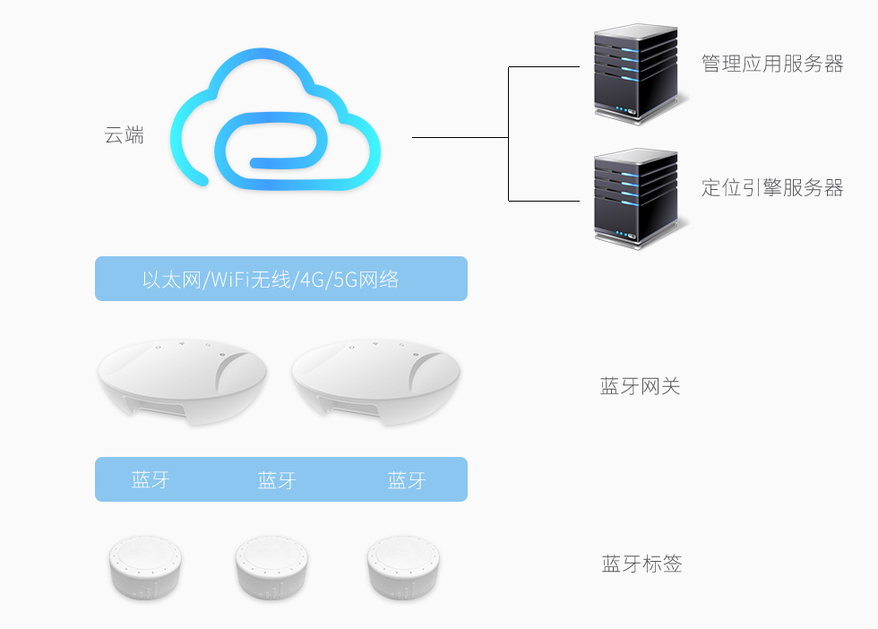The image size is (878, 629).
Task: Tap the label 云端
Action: coord(125,136)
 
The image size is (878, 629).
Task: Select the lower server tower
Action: coord(634,197)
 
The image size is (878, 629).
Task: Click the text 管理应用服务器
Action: coord(772,65)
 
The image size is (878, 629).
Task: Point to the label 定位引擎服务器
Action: coord(772,188)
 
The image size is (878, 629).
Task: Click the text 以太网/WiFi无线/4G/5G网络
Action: coord(271,280)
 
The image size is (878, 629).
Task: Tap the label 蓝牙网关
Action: coord(640,387)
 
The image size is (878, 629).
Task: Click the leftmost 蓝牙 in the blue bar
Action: coord(151,480)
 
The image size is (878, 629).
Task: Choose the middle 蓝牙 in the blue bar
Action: coord(277,480)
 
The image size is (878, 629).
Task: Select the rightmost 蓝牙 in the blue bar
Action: coord(407,480)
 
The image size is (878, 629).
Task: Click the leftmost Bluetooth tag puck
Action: coord(148,567)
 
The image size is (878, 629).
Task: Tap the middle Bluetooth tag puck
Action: coord(273,567)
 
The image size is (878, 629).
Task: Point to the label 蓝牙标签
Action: coord(641,564)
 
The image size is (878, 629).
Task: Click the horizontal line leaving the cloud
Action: coord(460,137)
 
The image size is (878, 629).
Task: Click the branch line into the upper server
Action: coord(544,67)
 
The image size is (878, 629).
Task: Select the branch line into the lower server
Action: coord(544,201)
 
